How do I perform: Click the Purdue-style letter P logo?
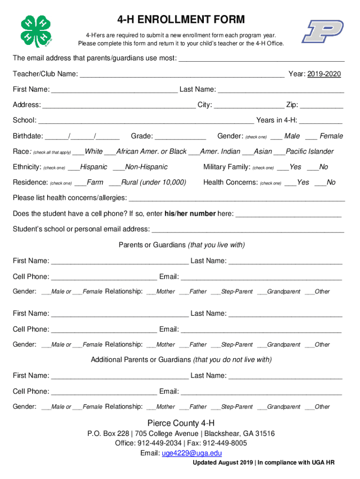(x=323, y=31)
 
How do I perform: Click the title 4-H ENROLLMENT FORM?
(x=180, y=20)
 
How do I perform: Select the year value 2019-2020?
(x=324, y=74)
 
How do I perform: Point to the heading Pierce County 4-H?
(x=181, y=423)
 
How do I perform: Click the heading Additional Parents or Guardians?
(x=141, y=360)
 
